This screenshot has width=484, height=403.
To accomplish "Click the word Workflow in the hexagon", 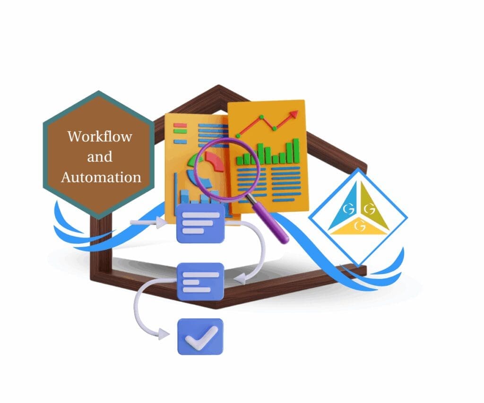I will pos(99,137).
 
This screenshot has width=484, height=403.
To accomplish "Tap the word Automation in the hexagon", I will pos(101,177).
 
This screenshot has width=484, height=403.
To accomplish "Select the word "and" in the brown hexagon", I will pos(99,157).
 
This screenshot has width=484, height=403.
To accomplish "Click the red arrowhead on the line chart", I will pos(294,114).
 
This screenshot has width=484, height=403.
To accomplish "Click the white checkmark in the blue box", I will pos(201,336).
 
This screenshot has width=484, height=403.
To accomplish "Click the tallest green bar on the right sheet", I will pos(296,150).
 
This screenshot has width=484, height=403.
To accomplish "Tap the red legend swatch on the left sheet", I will pos(180,126).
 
